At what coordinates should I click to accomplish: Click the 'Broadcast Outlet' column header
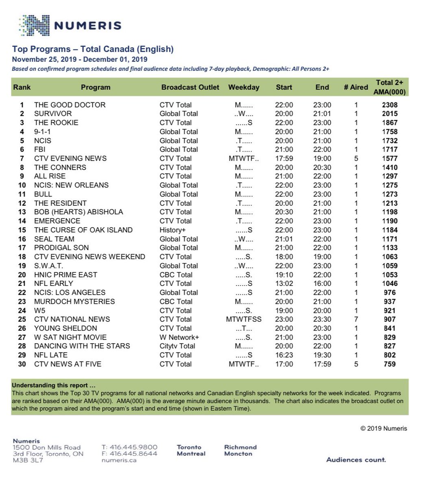click(190, 87)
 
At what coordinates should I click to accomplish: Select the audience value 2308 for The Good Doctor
click(390, 105)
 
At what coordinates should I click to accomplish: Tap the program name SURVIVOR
click(53, 114)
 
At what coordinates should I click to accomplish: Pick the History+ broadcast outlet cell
click(173, 230)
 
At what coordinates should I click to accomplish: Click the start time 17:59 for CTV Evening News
click(284, 159)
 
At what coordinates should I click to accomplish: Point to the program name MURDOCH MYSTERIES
click(74, 302)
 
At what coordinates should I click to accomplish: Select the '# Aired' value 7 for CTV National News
click(356, 320)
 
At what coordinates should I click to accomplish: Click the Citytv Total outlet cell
click(177, 346)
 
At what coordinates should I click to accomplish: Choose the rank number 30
click(22, 364)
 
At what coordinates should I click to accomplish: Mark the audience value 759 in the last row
click(390, 364)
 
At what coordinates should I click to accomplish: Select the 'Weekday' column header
click(244, 87)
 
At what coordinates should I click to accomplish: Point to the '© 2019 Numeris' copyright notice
click(383, 428)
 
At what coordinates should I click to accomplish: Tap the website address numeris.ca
click(119, 460)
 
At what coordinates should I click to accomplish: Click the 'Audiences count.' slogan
click(356, 460)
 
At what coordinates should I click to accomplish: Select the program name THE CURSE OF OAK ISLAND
click(83, 230)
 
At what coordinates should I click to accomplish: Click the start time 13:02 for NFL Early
click(284, 284)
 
